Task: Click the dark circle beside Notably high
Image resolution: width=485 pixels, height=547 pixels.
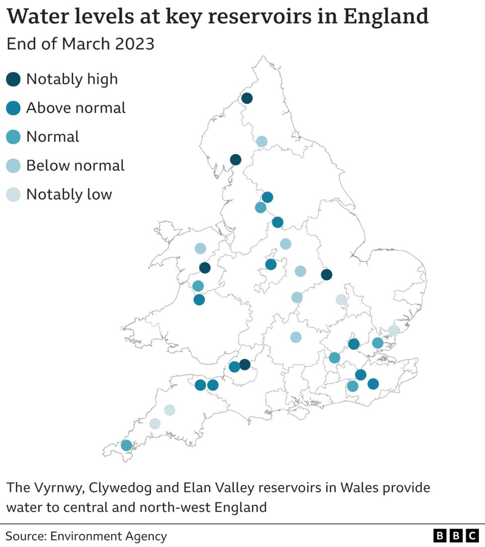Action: [x=13, y=79]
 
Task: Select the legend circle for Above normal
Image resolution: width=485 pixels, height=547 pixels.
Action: [x=13, y=108]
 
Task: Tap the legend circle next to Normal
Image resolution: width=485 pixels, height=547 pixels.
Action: [x=13, y=137]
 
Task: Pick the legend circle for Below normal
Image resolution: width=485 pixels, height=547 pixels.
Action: [x=13, y=166]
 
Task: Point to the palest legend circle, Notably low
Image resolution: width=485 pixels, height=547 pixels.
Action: [x=13, y=195]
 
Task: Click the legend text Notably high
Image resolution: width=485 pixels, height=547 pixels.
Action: [x=72, y=79]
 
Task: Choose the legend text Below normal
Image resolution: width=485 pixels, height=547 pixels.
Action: [x=75, y=166]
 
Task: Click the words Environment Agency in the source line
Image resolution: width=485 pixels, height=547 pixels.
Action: [x=108, y=536]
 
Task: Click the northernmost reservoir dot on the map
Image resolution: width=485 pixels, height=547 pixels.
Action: [x=246, y=98]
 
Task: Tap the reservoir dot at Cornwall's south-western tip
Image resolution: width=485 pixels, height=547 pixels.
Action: [x=126, y=445]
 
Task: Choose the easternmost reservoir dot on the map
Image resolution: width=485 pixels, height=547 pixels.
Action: [x=394, y=330]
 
